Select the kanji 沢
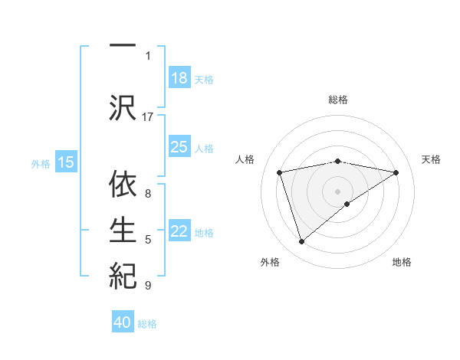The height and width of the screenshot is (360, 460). [x=123, y=106]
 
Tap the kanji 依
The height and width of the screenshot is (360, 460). [x=123, y=185]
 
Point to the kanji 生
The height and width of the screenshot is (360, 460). [x=123, y=230]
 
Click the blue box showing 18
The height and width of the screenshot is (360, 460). [x=179, y=78]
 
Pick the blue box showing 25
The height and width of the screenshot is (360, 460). [x=179, y=147]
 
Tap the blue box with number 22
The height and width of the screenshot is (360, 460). [x=179, y=232]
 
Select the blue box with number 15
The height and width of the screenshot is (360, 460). [x=66, y=162]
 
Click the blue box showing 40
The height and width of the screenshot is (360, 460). [x=123, y=323]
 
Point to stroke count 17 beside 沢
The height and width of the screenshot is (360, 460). [x=148, y=117]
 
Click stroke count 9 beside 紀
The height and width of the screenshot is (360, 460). [x=148, y=286]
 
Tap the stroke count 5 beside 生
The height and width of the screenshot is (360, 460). [x=148, y=240]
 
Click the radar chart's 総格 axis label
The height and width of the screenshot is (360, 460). [x=338, y=100]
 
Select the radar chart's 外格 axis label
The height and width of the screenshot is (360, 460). [x=270, y=262]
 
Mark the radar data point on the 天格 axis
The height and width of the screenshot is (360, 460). [x=396, y=172]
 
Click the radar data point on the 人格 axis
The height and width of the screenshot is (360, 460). [x=280, y=172]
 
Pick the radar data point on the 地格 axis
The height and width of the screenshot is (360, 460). [x=347, y=204]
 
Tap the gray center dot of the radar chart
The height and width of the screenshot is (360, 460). [x=338, y=191]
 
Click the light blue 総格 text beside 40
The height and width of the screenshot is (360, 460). [x=147, y=324]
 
